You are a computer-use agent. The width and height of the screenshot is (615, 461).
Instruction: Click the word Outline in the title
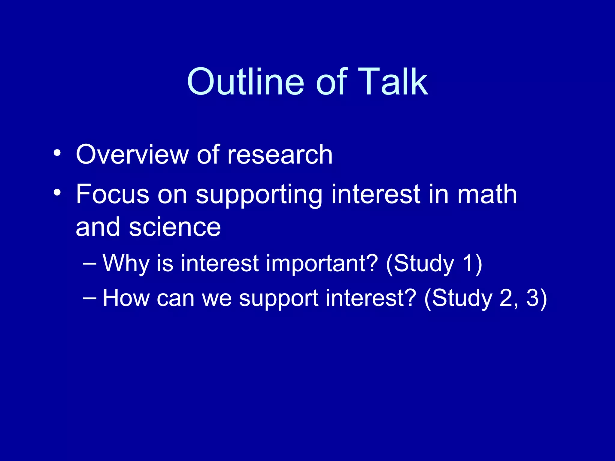(x=246, y=82)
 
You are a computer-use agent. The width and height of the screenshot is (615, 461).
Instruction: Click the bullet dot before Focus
(x=57, y=192)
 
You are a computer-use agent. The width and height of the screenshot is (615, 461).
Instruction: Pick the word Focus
(x=113, y=194)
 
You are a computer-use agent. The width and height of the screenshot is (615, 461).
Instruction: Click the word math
(x=487, y=194)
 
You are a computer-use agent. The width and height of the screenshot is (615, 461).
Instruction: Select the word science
(x=175, y=227)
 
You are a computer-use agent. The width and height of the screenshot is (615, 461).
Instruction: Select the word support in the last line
(x=278, y=299)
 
